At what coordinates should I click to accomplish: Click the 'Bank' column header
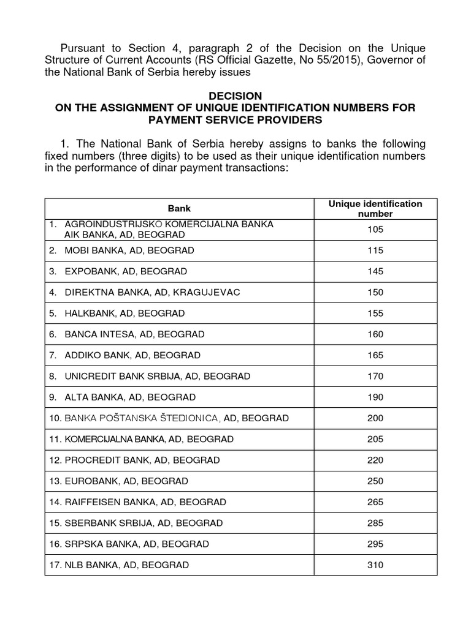click(x=180, y=209)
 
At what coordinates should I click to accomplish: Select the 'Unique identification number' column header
click(x=375, y=209)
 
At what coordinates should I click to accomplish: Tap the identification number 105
click(x=375, y=230)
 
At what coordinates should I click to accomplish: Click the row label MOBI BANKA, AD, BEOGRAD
click(x=129, y=250)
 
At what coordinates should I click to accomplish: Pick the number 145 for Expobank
click(x=375, y=271)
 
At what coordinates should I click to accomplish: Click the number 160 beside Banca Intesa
click(x=375, y=334)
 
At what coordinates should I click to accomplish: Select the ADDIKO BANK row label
click(x=132, y=355)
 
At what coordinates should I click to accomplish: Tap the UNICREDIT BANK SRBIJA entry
click(x=157, y=376)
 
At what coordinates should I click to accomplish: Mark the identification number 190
click(x=375, y=397)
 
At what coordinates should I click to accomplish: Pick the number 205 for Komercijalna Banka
click(x=375, y=439)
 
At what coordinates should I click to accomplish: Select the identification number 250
click(x=375, y=481)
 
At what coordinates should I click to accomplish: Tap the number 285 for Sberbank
click(x=375, y=523)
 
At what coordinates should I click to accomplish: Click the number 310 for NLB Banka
click(x=375, y=565)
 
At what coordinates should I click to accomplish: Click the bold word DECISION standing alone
click(x=235, y=96)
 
